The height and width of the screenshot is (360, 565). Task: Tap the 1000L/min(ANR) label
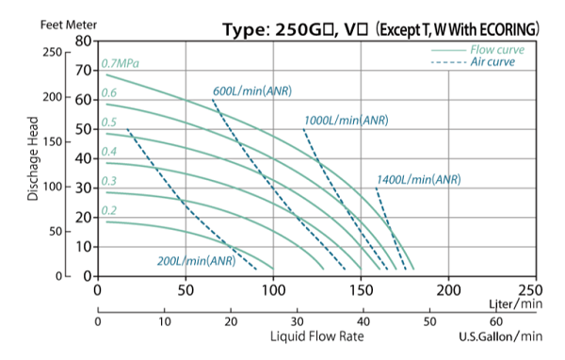click(x=346, y=121)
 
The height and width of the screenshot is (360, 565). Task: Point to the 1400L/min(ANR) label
click(x=418, y=180)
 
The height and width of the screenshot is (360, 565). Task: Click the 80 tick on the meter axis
click(x=82, y=41)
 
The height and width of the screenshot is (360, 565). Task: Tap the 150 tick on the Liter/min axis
click(x=361, y=292)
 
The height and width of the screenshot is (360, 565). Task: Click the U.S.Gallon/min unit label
click(x=500, y=336)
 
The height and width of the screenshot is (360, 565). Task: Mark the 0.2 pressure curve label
click(x=109, y=211)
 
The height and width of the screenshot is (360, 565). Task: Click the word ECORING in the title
click(x=505, y=30)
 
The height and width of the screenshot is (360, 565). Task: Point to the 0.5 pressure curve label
click(x=109, y=123)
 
